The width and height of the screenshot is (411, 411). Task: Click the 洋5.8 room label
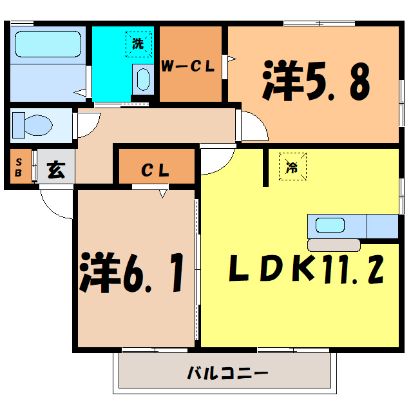(316, 81)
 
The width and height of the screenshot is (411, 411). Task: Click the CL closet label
(155, 171)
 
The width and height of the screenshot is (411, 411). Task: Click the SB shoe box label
(19, 167)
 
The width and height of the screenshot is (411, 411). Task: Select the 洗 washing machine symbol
(139, 45)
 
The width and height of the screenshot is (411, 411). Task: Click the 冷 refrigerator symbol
(292, 167)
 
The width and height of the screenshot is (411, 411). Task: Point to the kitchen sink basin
(330, 225)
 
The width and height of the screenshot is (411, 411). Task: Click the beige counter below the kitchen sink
(334, 245)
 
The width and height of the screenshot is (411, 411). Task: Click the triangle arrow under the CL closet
(164, 192)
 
